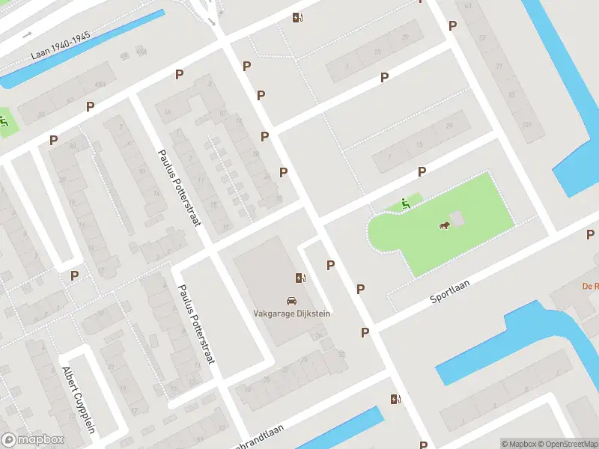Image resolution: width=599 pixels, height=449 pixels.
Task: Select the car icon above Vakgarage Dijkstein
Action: [x=291, y=300]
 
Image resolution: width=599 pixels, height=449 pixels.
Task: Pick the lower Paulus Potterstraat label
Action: [x=197, y=324]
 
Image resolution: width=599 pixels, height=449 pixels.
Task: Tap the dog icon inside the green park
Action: [x=443, y=226]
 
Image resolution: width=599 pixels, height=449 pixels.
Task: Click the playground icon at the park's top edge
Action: [x=404, y=202]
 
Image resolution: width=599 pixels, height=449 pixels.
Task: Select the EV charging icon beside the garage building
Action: [x=300, y=278]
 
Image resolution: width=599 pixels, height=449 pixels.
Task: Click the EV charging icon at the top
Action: [x=297, y=18]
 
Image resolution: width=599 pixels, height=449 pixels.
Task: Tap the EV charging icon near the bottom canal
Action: [x=395, y=399]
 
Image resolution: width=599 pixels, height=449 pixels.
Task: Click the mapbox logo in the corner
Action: [x=33, y=440]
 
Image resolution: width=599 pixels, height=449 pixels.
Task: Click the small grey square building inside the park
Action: [x=457, y=218]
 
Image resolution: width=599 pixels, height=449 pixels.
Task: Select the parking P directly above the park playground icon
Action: [x=422, y=172]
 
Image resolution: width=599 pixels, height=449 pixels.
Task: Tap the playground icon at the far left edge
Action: [x=4, y=122]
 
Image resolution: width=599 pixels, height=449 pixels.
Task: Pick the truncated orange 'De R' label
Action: [x=591, y=286]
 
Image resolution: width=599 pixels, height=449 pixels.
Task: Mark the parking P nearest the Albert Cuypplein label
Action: [x=74, y=275]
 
